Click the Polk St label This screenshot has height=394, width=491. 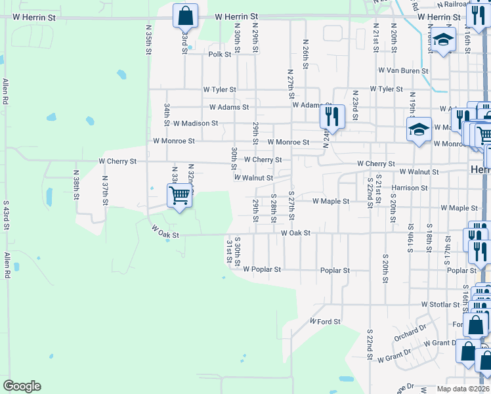pyautogui.click(x=220, y=55)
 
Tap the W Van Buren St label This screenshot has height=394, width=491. pyautogui.click(x=403, y=70)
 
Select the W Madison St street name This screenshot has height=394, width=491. pyautogui.click(x=196, y=123)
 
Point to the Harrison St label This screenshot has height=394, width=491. pyautogui.click(x=410, y=188)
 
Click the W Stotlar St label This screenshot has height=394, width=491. pyautogui.click(x=440, y=305)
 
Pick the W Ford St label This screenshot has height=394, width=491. pyautogui.click(x=326, y=322)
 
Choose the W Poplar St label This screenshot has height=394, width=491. pyautogui.click(x=262, y=269)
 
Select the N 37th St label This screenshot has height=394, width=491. pyautogui.click(x=104, y=188)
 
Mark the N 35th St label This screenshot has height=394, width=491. pyautogui.click(x=149, y=40)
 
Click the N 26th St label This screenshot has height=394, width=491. pyautogui.click(x=306, y=53)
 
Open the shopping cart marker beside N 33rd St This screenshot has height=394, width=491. pyautogui.click(x=179, y=195)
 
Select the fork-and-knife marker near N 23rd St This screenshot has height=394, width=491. pyautogui.click(x=332, y=117)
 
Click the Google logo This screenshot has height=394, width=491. pyautogui.click(x=22, y=386)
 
